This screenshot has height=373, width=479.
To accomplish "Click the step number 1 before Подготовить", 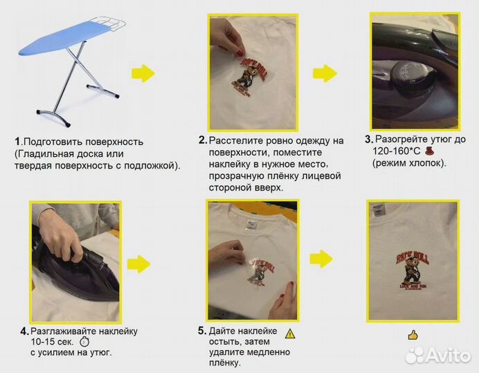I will pyautogui.click(x=17, y=142).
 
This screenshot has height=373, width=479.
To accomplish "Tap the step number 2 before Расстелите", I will pyautogui.click(x=202, y=140).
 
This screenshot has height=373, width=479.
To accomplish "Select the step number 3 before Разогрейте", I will pyautogui.click(x=368, y=139).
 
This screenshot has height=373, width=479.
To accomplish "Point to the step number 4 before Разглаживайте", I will pyautogui.click(x=24, y=331).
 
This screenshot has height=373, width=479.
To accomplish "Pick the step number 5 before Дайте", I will pyautogui.click(x=201, y=331).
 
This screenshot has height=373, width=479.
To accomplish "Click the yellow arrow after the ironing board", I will pyautogui.click(x=143, y=73).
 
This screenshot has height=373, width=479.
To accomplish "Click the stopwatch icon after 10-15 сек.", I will pyautogui.click(x=85, y=342).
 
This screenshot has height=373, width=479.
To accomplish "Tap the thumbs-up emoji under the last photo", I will pyautogui.click(x=413, y=335).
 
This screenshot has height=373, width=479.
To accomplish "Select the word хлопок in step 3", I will pyautogui.click(x=427, y=163).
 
